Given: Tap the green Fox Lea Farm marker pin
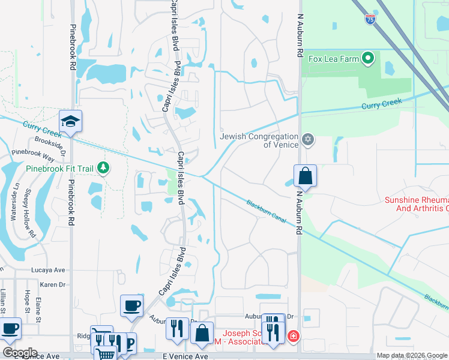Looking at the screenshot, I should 368,59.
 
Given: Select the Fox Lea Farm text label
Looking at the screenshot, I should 333,59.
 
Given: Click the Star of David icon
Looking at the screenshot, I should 308,140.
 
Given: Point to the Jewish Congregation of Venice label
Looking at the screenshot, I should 259,140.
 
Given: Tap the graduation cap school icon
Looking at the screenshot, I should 71,121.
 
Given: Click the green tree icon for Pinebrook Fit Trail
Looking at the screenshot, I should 104,168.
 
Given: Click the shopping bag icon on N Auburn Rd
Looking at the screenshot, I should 305,176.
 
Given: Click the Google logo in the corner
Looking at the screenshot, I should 19,353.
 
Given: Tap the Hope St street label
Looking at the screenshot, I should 27,302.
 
